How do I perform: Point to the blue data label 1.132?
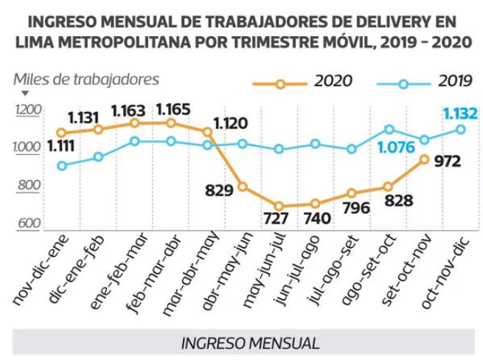click(x=459, y=114)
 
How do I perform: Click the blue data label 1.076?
click(x=396, y=148)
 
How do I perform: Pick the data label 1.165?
click(x=174, y=111)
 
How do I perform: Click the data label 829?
click(x=218, y=190)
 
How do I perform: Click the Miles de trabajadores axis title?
click(x=86, y=79)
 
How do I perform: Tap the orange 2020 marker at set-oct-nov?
click(x=424, y=159)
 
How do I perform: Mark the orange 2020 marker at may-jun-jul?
click(x=279, y=207)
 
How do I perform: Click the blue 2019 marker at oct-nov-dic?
click(x=460, y=129)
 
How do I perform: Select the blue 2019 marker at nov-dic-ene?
click(x=61, y=166)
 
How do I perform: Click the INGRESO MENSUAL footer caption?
click(x=250, y=343)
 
